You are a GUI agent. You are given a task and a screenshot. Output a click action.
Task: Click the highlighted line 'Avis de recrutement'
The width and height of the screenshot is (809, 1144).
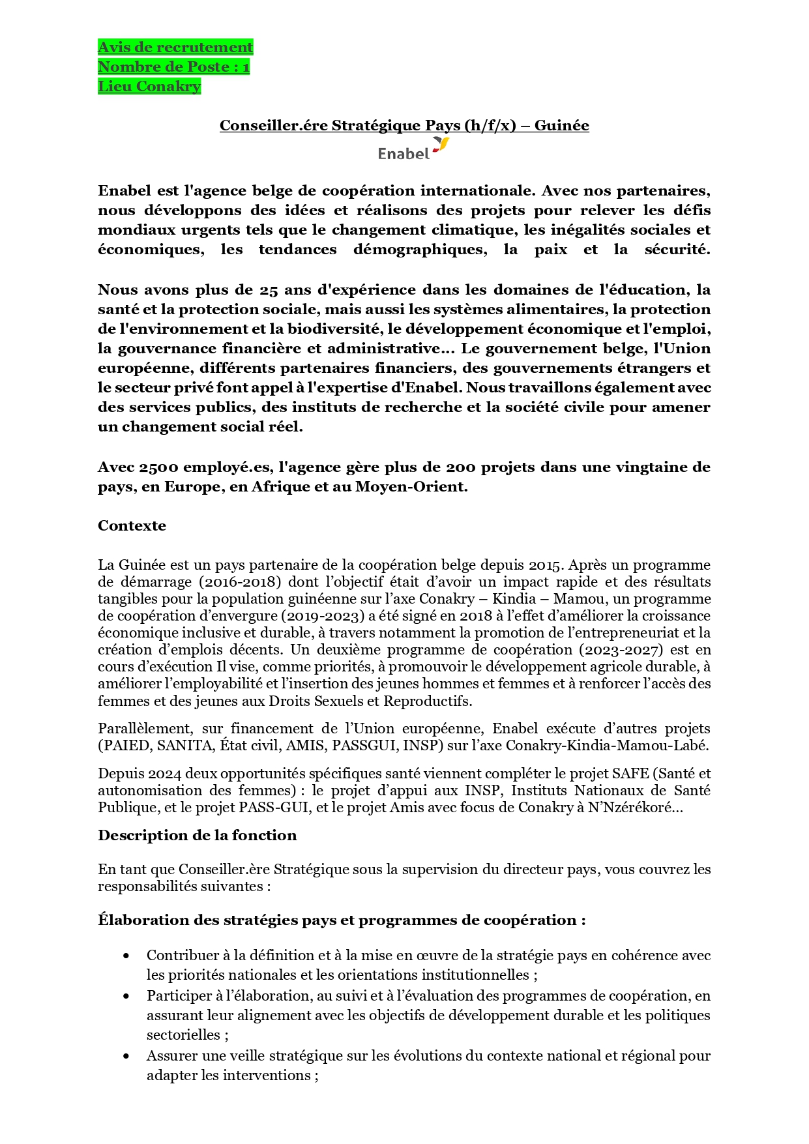pyautogui.click(x=175, y=47)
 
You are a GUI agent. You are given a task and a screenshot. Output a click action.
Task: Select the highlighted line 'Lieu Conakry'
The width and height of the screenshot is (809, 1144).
pyautogui.click(x=149, y=86)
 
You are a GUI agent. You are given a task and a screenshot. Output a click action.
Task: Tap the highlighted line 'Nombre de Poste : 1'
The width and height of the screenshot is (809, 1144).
pyautogui.click(x=173, y=66)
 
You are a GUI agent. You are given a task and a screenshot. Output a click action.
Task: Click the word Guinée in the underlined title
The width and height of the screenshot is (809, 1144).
pyautogui.click(x=561, y=125)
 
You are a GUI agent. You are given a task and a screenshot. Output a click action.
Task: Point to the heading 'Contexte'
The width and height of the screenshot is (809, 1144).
pyautogui.click(x=132, y=525)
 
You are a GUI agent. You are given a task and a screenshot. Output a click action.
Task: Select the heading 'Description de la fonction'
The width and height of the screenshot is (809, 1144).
pyautogui.click(x=197, y=835)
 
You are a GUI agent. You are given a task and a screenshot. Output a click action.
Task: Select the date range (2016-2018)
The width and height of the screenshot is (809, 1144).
pyautogui.click(x=239, y=581)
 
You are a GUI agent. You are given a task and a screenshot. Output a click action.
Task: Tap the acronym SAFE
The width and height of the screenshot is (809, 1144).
pyautogui.click(x=630, y=774)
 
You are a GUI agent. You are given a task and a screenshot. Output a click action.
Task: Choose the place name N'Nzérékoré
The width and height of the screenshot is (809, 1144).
pyautogui.click(x=634, y=808)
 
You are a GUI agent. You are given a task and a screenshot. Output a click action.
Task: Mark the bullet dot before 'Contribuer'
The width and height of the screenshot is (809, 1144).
pyautogui.click(x=126, y=956)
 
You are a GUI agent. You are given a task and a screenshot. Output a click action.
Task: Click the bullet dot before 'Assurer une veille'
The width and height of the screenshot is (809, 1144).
pyautogui.click(x=126, y=1056)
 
